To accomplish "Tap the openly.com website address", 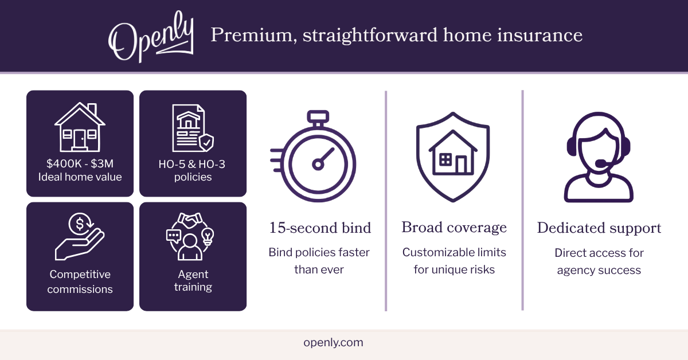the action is (x=333, y=342).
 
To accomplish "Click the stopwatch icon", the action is (x=313, y=156).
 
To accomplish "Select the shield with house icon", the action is (x=453, y=156).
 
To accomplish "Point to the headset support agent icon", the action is (x=599, y=156).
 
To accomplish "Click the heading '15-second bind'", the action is (x=320, y=228).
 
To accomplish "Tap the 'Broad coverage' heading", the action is (x=454, y=228).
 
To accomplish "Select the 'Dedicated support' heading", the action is (x=599, y=228).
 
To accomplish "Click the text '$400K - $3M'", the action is (x=80, y=164).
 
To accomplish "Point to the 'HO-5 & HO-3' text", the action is (x=192, y=165).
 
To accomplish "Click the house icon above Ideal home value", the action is (x=80, y=127).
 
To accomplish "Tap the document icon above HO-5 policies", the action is (x=193, y=128).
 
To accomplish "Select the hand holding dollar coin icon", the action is (x=80, y=237).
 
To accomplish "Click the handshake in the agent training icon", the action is (x=190, y=220).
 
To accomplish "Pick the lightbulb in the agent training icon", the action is (x=208, y=237).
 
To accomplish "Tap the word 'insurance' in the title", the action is (x=540, y=36).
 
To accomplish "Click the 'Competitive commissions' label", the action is (x=80, y=281).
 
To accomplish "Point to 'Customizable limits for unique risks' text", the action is (x=454, y=261).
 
